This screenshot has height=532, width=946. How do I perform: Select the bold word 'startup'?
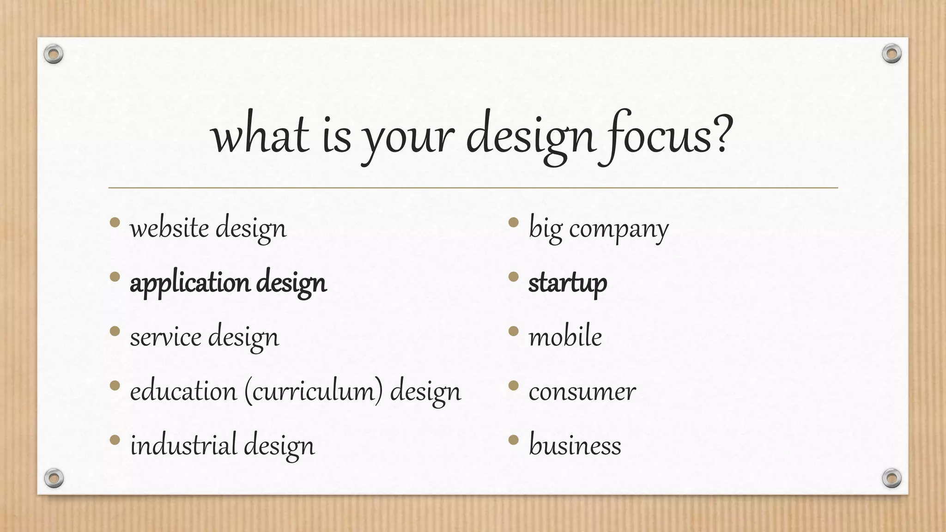point(567,283)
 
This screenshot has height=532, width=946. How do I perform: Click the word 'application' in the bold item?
point(190,283)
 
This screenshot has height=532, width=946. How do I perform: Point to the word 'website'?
point(169,228)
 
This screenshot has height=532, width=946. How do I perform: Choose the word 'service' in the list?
point(165,337)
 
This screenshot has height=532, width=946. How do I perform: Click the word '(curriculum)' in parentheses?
point(314,392)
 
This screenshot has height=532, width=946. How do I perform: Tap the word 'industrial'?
point(183,446)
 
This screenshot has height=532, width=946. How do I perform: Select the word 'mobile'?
point(565,337)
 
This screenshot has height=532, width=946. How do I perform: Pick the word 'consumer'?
point(582,392)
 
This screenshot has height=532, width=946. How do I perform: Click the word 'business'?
point(575,446)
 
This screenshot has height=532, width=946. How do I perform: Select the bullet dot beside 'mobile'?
point(513,331)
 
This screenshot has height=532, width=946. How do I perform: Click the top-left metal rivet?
point(54,54)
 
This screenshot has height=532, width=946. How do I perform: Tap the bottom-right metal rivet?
point(891,478)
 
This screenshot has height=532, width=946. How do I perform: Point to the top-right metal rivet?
point(891,54)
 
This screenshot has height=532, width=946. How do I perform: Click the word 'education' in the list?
point(183,392)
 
